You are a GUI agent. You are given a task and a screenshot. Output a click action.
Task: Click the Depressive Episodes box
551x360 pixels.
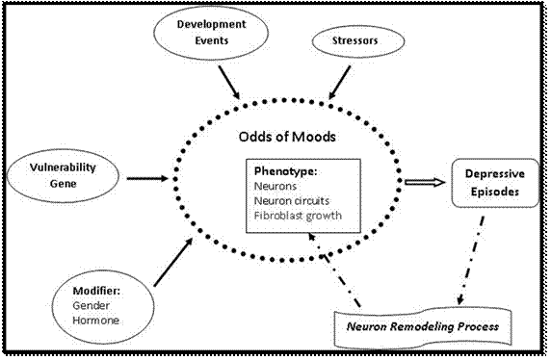point(492,184)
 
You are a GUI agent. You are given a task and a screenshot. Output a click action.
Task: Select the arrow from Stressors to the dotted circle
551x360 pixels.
point(341,83)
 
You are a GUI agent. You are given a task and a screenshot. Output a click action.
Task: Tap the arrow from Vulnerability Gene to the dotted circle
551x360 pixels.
point(146,177)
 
